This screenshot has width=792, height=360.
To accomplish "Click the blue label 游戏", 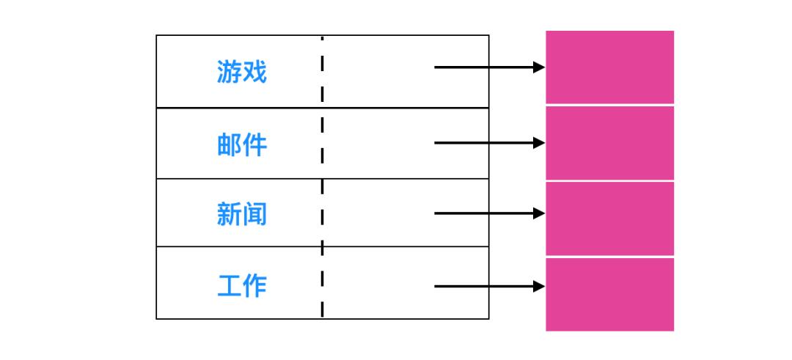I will [x=242, y=72].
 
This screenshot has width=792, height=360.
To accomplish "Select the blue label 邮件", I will [x=242, y=144].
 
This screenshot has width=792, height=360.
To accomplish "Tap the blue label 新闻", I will [x=242, y=214].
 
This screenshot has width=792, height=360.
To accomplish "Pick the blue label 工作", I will [x=242, y=285].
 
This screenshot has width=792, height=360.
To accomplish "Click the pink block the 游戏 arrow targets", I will [x=609, y=67].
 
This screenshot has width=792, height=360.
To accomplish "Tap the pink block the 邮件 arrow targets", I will [x=609, y=143].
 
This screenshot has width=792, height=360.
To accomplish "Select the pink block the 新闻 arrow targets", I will [x=609, y=218].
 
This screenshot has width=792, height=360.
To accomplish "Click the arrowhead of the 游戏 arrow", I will [x=539, y=67].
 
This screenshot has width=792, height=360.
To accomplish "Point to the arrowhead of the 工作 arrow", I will [x=539, y=286].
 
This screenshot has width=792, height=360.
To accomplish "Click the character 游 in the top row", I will [x=229, y=72].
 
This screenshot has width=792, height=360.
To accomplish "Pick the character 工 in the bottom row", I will [x=229, y=285].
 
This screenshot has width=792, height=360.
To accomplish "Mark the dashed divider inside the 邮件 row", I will [x=322, y=143].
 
